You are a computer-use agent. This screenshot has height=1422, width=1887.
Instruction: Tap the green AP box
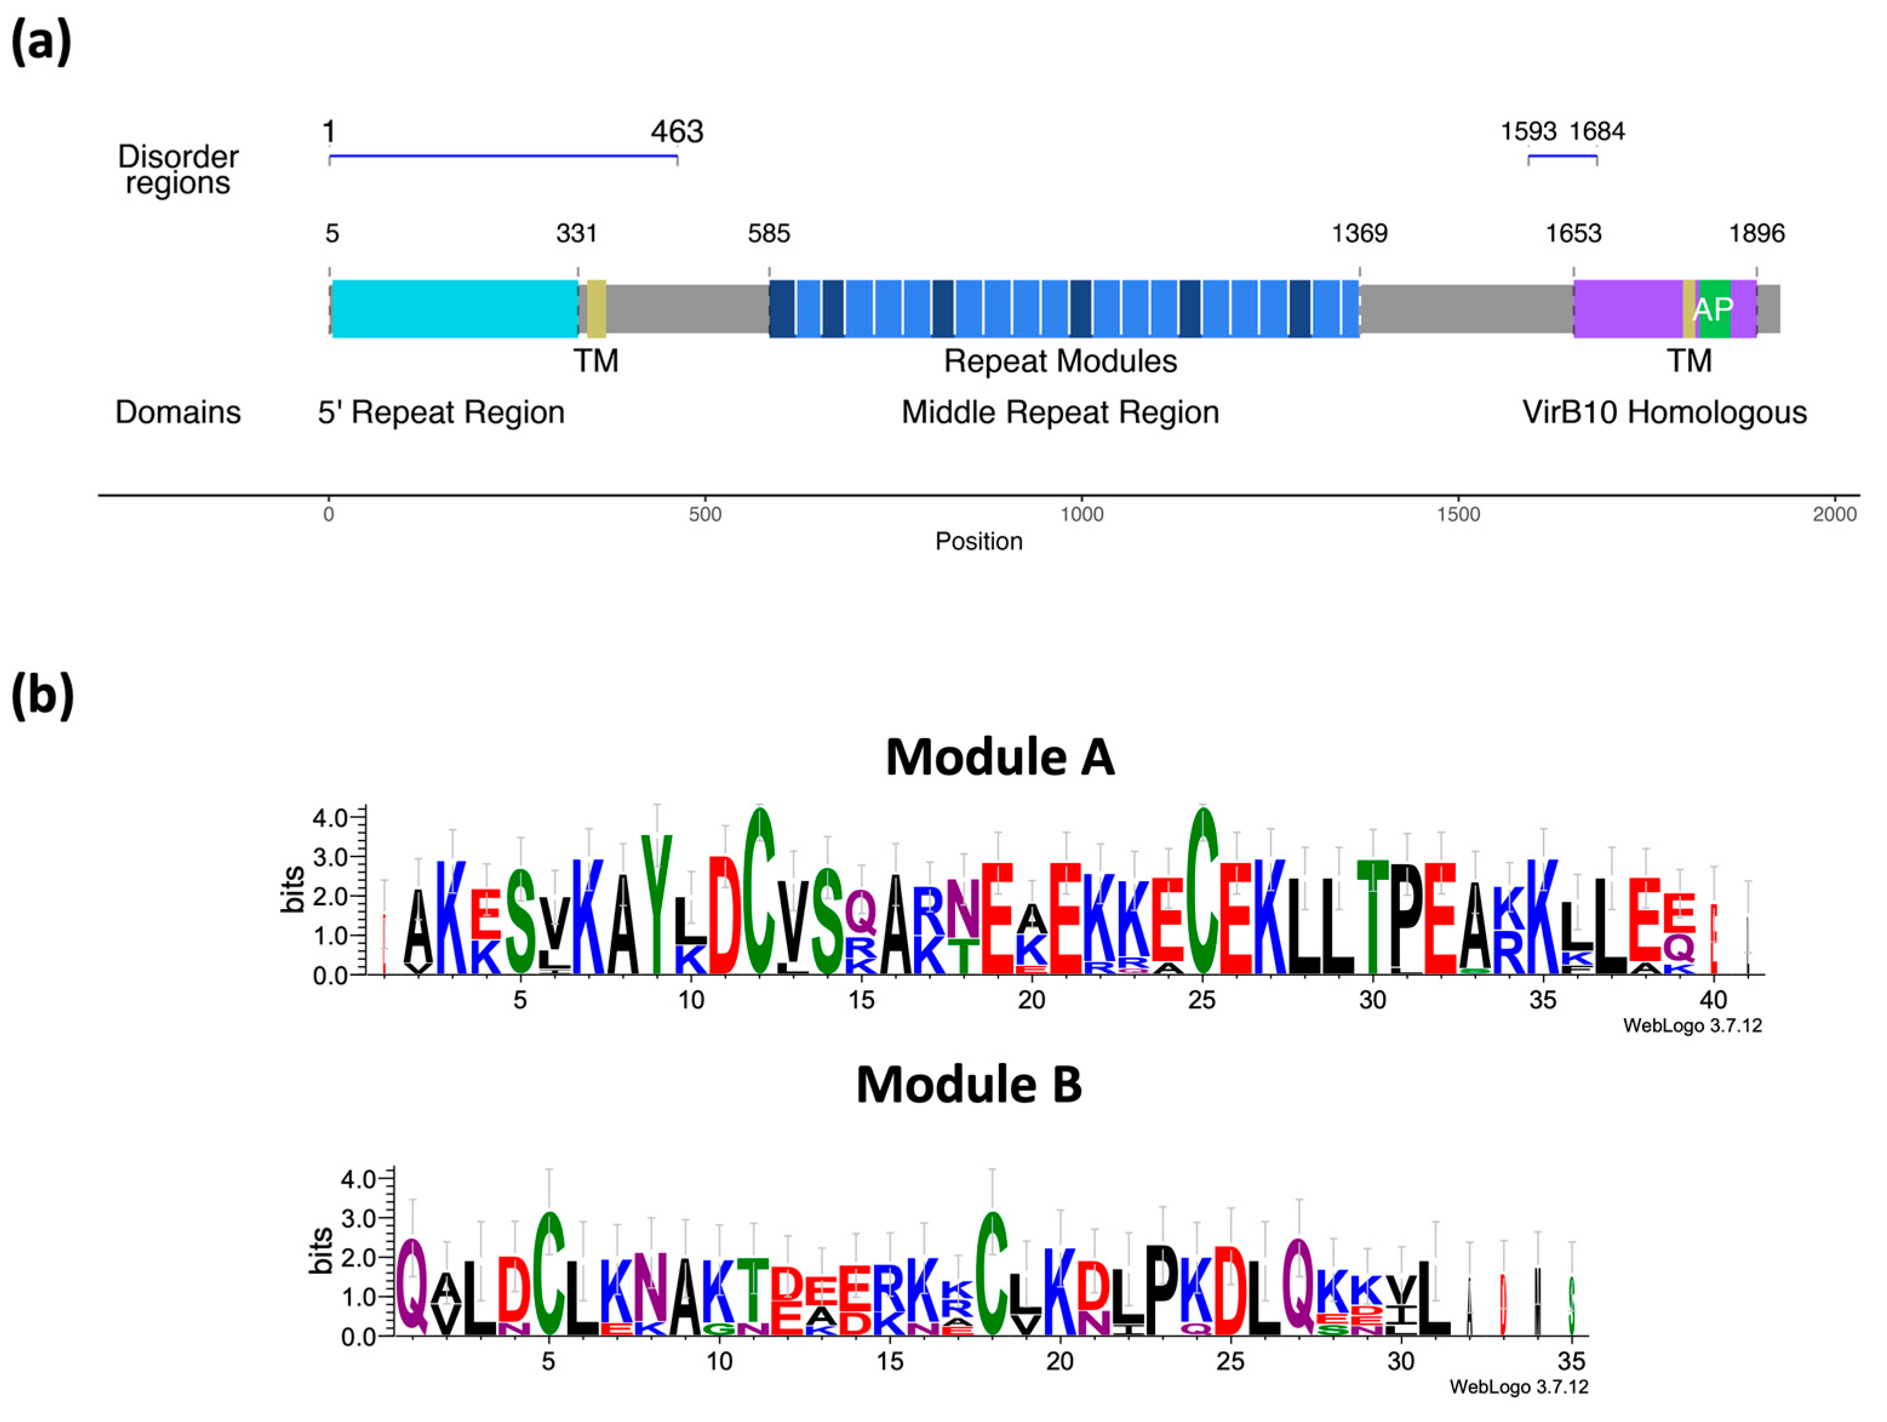click(x=1713, y=309)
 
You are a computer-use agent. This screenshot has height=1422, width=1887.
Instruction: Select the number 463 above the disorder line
click(x=677, y=132)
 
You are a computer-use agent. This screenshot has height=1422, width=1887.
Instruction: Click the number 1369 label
click(x=1360, y=233)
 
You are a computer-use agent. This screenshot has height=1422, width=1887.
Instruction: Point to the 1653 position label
click(x=1573, y=233)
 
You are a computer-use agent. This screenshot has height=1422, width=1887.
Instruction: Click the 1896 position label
click(x=1757, y=233)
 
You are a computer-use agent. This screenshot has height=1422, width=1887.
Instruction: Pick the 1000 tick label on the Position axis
click(x=1082, y=514)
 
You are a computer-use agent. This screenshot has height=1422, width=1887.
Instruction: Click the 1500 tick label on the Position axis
click(x=1458, y=514)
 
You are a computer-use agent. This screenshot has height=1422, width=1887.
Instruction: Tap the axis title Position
click(x=978, y=541)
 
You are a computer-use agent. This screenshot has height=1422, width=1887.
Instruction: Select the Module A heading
click(x=1000, y=756)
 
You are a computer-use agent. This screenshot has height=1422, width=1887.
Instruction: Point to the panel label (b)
click(x=42, y=695)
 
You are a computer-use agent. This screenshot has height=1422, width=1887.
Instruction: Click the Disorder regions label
click(x=178, y=170)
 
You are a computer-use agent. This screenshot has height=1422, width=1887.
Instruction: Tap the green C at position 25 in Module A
click(x=1203, y=891)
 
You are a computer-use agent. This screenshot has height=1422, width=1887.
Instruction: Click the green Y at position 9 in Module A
click(x=657, y=904)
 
